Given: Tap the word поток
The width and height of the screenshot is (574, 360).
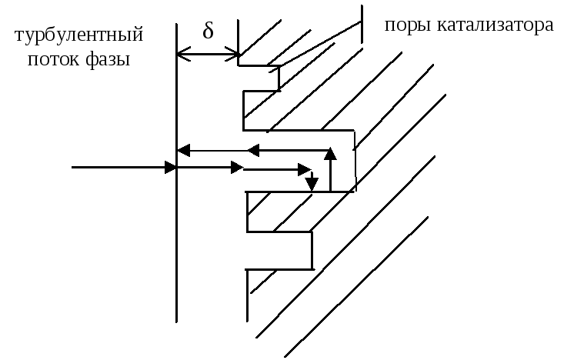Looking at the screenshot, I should click(53, 59).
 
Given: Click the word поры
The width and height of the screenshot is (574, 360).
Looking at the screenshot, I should click(407, 25).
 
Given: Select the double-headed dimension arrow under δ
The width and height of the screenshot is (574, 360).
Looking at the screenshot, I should click(208, 55).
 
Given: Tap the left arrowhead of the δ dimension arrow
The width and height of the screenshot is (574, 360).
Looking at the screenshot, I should click(182, 55).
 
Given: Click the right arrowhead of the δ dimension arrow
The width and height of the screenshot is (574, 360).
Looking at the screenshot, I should click(233, 55).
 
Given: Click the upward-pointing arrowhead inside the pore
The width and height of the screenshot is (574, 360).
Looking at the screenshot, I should click(330, 154).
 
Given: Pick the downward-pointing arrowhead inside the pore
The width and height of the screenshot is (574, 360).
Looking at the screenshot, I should click(311, 184).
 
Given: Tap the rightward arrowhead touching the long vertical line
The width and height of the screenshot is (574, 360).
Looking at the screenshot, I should click(171, 166).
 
